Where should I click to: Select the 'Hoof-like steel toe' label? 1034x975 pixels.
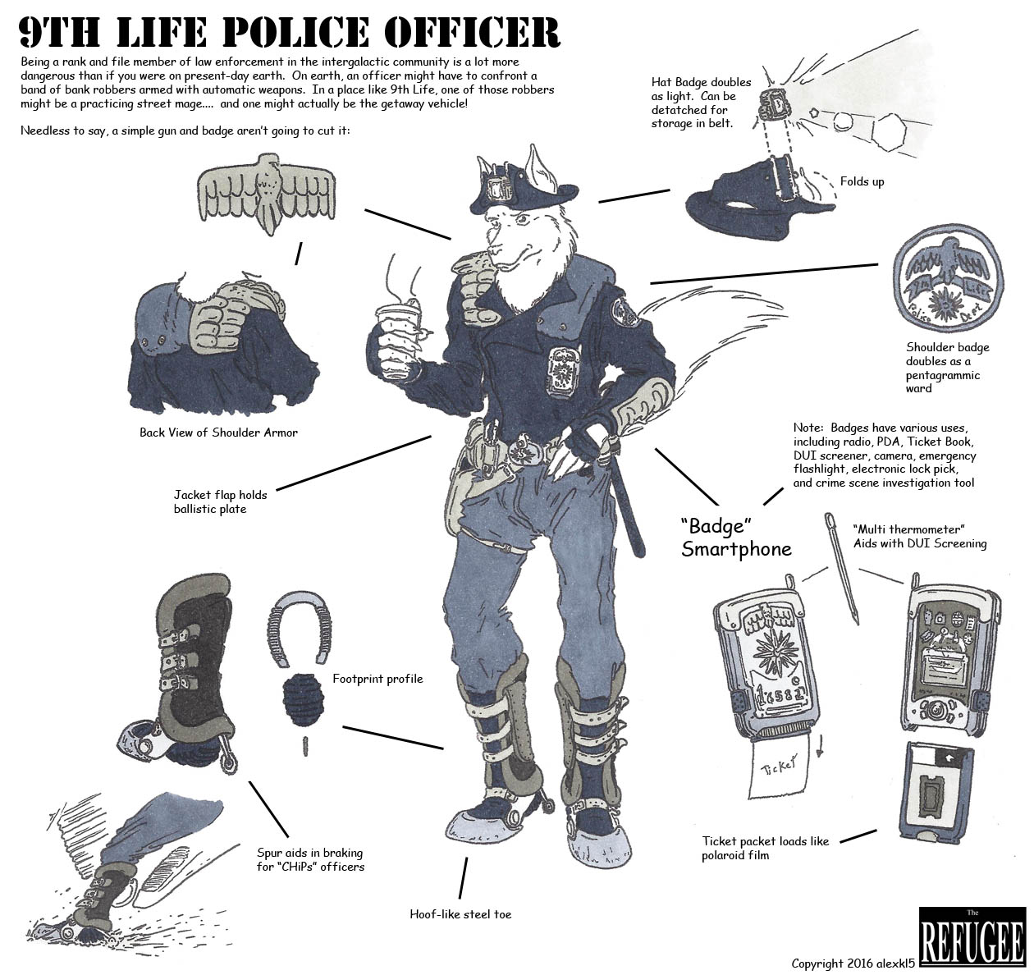coord(460,913)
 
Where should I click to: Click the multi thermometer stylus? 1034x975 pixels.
coord(841,568)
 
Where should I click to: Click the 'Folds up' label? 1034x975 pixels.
coord(862,181)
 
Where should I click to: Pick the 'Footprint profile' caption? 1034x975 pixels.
coord(377,679)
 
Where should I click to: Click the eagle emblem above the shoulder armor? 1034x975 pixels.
coord(267,192)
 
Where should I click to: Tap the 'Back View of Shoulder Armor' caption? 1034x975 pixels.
coord(218,433)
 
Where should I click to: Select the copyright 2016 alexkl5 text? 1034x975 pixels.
coord(853,963)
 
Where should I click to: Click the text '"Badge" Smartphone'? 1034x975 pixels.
coord(735,537)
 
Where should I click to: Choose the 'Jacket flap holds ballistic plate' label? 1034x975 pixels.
coord(220,501)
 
